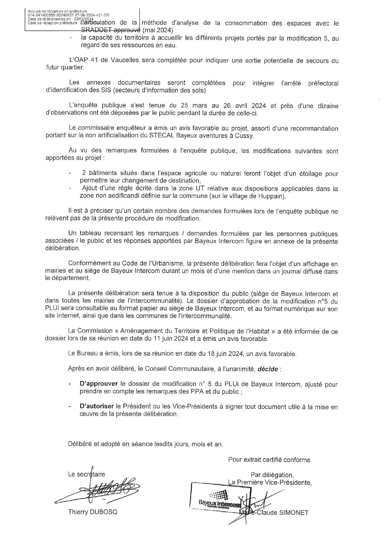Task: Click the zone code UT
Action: point(200,189)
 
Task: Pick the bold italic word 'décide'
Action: point(267,369)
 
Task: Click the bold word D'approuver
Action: point(99,384)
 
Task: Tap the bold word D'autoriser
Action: point(97,406)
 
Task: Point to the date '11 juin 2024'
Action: point(171,339)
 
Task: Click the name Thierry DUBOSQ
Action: point(93,512)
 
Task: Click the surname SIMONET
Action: point(293,513)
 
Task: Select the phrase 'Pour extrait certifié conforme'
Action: point(269,460)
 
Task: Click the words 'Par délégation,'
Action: point(272,475)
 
